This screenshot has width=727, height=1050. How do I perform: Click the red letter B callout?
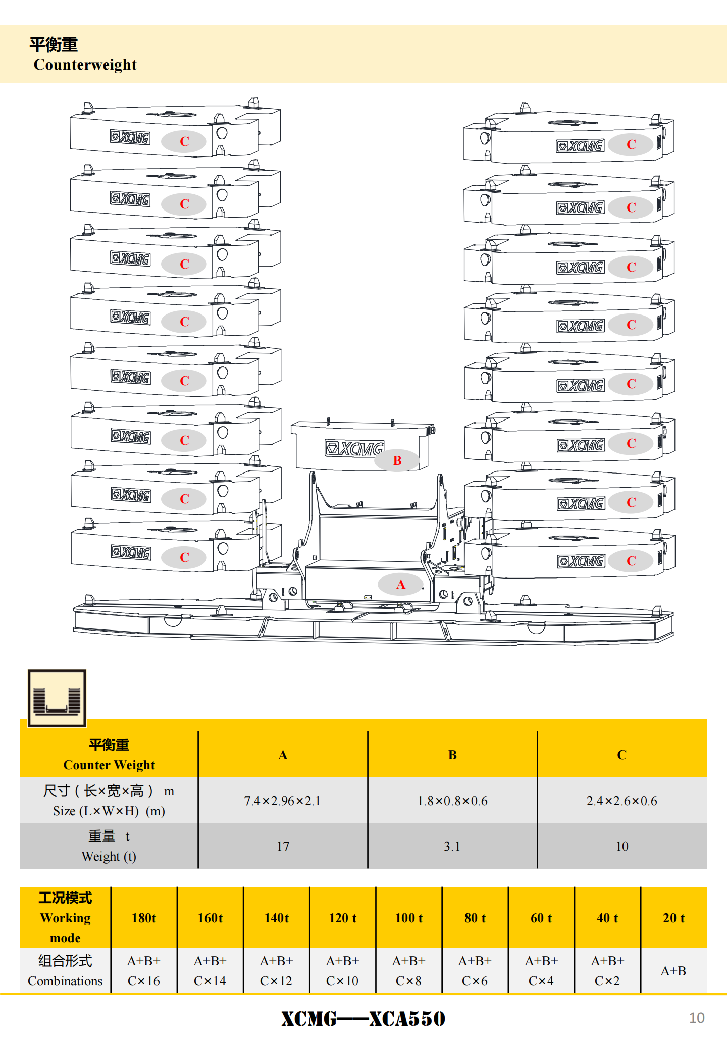(397, 460)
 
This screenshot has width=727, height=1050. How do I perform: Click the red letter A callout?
(401, 584)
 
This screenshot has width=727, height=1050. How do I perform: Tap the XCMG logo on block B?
(354, 448)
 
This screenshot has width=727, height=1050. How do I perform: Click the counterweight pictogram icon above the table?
(57, 699)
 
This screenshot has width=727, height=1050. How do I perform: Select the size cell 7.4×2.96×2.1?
(282, 801)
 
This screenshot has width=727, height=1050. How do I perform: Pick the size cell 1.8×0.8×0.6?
(452, 801)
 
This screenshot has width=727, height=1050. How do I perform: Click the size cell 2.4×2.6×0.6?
(621, 801)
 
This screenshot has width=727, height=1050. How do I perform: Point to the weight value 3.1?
(452, 847)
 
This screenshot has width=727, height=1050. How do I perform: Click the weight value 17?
(283, 847)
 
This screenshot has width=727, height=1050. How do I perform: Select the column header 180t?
(144, 918)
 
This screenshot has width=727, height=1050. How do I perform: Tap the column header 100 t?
(409, 918)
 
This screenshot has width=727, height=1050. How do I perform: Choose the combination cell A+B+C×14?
(210, 971)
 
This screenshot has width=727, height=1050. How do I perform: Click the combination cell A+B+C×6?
(475, 971)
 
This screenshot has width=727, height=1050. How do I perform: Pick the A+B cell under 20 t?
(673, 971)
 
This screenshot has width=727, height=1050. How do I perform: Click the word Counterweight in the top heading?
(85, 65)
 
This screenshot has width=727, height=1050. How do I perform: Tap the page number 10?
(697, 1018)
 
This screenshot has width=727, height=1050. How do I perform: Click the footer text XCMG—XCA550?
(363, 1019)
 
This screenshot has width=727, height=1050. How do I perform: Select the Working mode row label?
(65, 918)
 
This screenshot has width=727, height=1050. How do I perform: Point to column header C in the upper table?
(621, 755)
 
